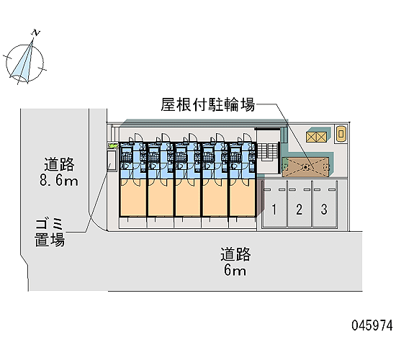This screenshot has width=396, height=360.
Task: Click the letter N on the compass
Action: click(36, 33)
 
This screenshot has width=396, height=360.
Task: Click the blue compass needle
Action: click(22, 63)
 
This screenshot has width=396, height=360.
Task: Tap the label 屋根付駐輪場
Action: click(208, 104)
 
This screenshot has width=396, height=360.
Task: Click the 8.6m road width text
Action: click(59, 181)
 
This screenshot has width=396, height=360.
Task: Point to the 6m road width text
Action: click(235, 271)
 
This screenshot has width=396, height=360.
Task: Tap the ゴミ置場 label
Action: click(50, 233)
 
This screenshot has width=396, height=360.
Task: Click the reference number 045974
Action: click(372, 325)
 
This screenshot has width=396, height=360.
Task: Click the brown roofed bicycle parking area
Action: click(305, 167)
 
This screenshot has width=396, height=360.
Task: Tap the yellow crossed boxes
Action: click(316, 137)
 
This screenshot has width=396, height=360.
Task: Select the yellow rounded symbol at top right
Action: click(341, 133)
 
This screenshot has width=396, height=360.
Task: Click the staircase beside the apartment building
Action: click(267, 152)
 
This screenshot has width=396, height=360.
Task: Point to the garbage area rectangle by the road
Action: click(112, 161)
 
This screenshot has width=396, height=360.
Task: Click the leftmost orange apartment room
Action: click(133, 197)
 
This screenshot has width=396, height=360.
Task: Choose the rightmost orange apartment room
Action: click(243, 197)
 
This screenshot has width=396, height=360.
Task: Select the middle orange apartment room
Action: click(188, 197)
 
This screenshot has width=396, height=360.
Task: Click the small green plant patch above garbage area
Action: click(112, 145)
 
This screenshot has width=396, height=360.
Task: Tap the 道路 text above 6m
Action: click(235, 254)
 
